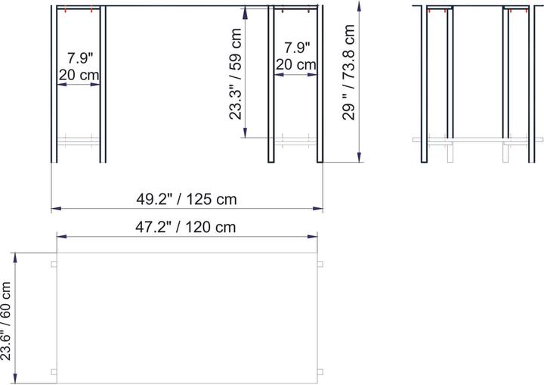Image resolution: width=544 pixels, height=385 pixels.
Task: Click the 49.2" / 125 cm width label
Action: pos(187,200)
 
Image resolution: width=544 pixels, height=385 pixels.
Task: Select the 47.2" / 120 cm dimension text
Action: pos(186,226)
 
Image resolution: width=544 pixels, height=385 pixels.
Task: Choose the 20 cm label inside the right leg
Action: pos(295,64)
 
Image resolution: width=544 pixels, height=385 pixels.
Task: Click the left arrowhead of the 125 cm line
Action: pos(54,209)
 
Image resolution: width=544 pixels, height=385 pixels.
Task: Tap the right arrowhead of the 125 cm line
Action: pos(320,209)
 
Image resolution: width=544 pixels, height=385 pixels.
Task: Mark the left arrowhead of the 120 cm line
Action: pos(61,237)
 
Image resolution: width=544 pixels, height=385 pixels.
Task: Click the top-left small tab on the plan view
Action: pos(54,264)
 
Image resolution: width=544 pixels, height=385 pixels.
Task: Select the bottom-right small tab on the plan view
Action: pos(320,371)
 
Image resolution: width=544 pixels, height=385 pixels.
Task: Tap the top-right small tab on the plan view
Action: pos(320,264)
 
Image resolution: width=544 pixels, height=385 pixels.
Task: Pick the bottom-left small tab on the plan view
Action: pos(54,371)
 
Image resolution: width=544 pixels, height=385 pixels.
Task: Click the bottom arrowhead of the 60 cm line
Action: pos(17,379)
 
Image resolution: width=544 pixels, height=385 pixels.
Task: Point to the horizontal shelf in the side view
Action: pos(477,140)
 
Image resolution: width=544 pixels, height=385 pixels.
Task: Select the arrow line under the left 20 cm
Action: pos(79,84)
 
